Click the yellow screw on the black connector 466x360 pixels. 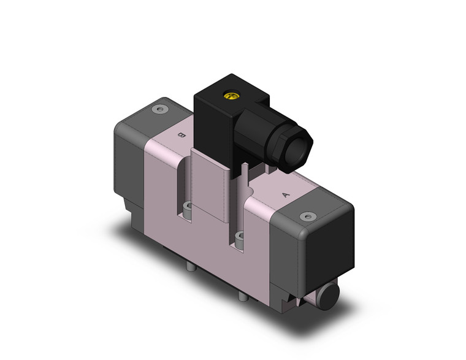coord(231,96)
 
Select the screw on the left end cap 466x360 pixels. coord(161,110)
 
